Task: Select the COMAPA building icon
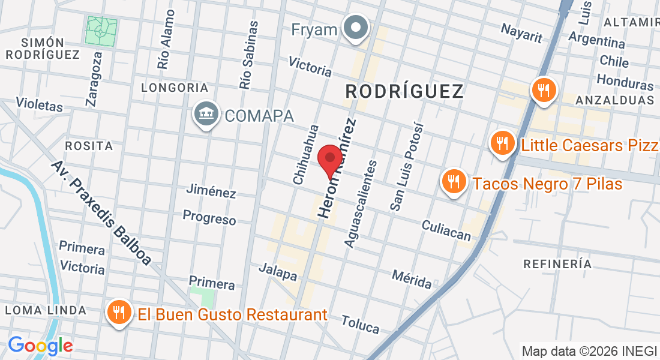(206, 114)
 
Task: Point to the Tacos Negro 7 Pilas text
(547, 183)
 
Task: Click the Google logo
(40, 346)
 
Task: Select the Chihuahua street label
(305, 154)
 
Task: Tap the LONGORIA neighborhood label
(175, 88)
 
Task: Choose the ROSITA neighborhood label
(89, 146)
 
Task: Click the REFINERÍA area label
(557, 263)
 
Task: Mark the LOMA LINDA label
(46, 310)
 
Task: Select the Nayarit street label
(521, 33)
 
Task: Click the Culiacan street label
(446, 230)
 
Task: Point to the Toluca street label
(361, 324)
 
